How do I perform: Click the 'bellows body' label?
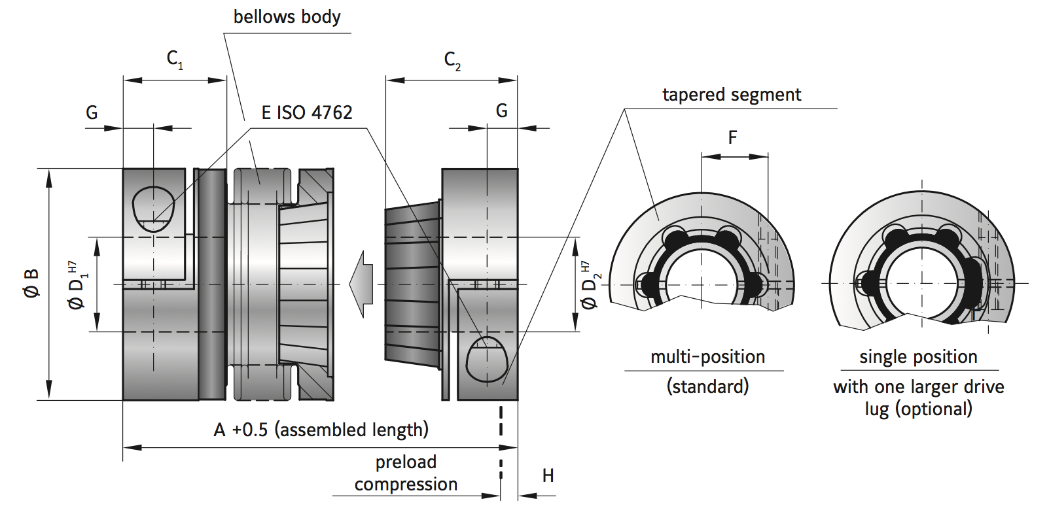point(287,17)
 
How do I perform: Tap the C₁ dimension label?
point(175,59)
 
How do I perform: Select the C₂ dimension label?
point(452,61)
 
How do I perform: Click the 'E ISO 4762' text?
point(306,113)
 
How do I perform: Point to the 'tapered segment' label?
point(731,95)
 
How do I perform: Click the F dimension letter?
point(732,137)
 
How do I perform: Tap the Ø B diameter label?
point(31,283)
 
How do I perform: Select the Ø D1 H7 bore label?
point(77,285)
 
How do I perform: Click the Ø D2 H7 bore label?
point(589,285)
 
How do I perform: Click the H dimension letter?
point(548,476)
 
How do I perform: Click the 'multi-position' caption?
point(707,357)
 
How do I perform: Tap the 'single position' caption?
point(917,357)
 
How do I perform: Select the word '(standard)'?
point(707,386)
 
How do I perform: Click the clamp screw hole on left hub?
point(153,209)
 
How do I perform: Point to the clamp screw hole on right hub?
point(487,359)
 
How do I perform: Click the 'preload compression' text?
point(406,473)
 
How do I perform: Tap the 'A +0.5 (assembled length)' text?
point(321,430)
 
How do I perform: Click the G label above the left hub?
point(92,113)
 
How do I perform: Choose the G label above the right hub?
point(501,111)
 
